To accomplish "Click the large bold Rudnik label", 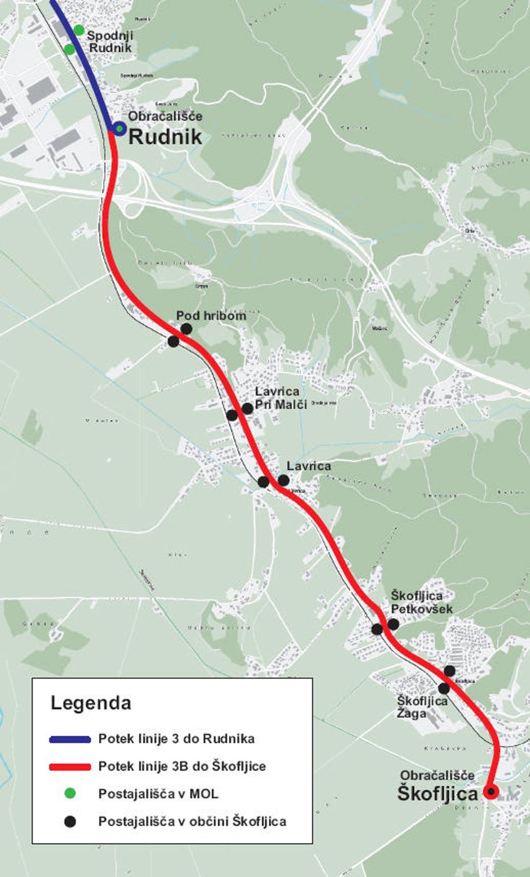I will tap(165, 136).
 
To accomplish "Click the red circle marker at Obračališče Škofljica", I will tap(491, 792).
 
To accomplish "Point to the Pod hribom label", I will tap(211, 315).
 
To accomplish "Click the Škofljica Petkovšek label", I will tap(421, 602).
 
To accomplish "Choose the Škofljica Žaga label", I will tap(422, 707).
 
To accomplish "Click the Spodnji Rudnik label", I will tap(110, 42).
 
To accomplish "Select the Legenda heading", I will tap(91, 703).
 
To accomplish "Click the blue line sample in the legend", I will tap(70, 739).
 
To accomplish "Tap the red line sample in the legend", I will tap(70, 767).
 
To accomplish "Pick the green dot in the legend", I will tap(70, 794).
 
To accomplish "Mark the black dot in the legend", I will tap(70, 821).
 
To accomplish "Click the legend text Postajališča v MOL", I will tap(158, 794).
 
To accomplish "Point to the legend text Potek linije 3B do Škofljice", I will tap(182, 766).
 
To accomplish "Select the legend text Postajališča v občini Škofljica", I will tap(192, 821).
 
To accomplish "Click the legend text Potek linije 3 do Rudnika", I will tap(176, 738).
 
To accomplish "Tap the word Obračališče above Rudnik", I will tap(165, 117).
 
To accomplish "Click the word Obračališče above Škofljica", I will tap(437, 775).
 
